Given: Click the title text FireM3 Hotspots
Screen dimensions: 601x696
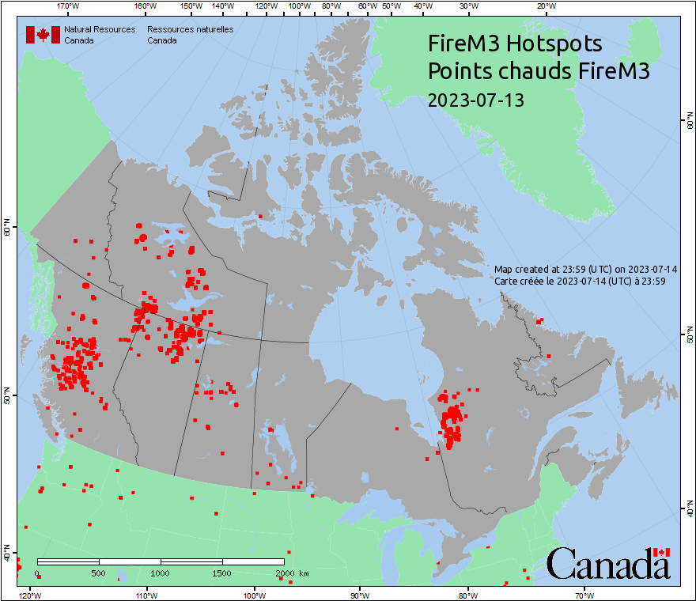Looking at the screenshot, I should click(514, 43).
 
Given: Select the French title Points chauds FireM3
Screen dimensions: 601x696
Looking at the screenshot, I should click(538, 71).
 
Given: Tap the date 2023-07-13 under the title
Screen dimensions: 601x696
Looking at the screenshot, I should click(475, 100).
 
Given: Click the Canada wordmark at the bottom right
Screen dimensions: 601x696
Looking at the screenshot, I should click(607, 565).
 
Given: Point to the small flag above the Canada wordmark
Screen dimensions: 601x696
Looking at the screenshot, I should click(661, 552).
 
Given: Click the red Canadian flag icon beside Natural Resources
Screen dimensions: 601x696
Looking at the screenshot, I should click(43, 34).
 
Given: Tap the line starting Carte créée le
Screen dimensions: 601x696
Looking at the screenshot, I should click(579, 281).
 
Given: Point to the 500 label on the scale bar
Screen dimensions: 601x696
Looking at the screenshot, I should click(99, 573).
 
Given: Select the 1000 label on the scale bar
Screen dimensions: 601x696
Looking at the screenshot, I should click(161, 573).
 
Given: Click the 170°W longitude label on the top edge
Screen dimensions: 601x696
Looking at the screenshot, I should click(69, 6).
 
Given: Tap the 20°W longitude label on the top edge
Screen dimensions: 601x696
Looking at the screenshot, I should click(545, 6).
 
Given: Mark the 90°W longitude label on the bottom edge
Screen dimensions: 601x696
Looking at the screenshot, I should click(360, 594).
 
